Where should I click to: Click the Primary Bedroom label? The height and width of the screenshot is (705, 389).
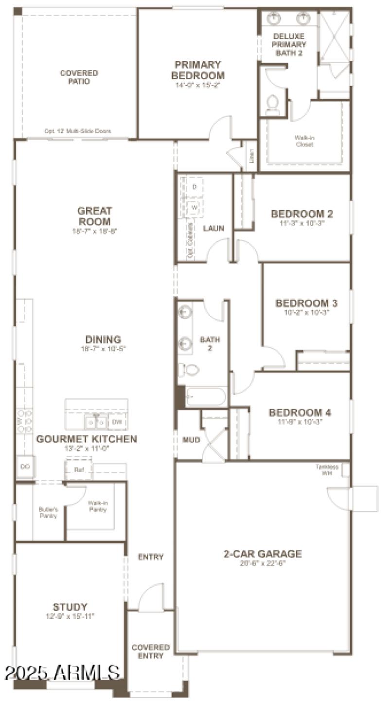(198, 70)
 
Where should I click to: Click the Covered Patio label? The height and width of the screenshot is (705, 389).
(79, 77)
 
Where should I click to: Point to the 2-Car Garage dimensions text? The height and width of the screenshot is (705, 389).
(263, 564)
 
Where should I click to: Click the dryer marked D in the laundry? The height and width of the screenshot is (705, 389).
(194, 187)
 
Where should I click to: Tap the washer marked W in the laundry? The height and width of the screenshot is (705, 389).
(194, 207)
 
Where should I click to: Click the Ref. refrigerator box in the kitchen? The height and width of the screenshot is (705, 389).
(79, 470)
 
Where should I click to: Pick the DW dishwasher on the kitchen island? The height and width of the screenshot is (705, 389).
(117, 422)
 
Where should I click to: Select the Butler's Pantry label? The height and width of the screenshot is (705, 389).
(48, 512)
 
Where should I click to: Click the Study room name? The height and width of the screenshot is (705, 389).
(70, 607)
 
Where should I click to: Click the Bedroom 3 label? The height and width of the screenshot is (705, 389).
(306, 303)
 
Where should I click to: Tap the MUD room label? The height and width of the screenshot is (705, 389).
(191, 440)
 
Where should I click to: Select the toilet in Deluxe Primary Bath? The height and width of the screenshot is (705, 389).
(273, 104)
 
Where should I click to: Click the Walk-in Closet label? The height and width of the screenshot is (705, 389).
(303, 141)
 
